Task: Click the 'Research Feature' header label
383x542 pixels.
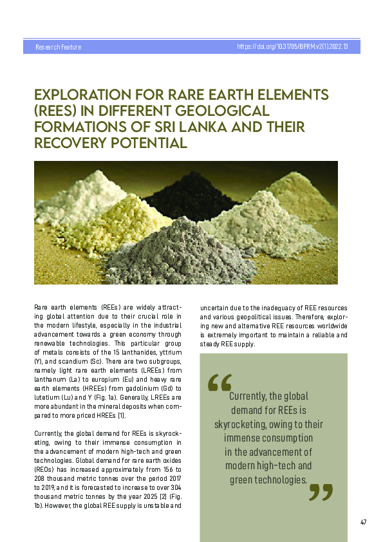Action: coord(58,47)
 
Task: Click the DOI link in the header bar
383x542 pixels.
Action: coord(293,47)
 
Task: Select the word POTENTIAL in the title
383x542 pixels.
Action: coord(145,142)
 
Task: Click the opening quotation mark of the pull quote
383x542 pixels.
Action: coord(220,382)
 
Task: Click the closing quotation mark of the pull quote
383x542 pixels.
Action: coord(321,492)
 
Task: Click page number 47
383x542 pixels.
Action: coord(364,522)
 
